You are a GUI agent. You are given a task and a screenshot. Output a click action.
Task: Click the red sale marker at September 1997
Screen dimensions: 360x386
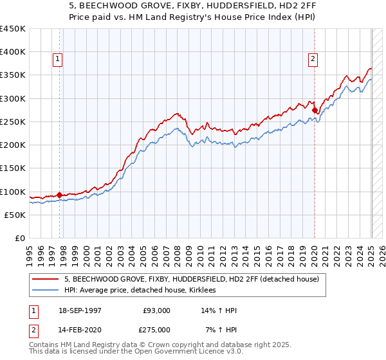click(x=60, y=195)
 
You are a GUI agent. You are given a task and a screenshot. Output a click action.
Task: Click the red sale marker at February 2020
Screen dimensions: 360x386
click(x=315, y=111)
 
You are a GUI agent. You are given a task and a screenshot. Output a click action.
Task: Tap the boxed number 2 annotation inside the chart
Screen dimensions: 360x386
click(x=313, y=59)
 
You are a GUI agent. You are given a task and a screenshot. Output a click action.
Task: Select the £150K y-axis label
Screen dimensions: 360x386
click(x=14, y=168)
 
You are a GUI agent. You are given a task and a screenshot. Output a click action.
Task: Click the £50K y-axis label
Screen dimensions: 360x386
click(x=16, y=215)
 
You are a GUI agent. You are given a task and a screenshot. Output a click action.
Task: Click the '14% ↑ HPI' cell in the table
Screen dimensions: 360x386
click(x=220, y=311)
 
